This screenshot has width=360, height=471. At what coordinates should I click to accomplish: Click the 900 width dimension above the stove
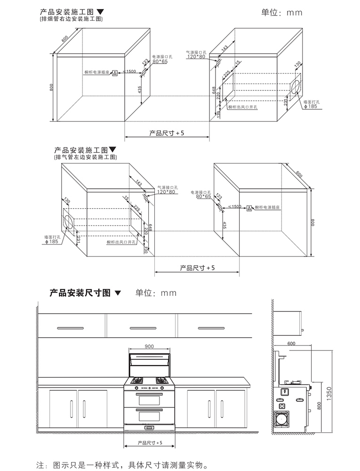click(149, 347)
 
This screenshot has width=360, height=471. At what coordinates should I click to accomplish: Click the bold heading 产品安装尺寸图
click(80, 293)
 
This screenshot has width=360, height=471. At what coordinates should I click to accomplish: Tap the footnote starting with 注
click(122, 465)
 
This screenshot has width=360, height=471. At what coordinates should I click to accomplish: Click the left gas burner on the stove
click(138, 380)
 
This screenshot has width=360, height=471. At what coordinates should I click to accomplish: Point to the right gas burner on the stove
click(160, 380)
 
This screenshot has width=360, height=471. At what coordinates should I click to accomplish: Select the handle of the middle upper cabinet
click(142, 328)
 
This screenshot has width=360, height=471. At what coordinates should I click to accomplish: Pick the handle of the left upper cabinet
click(72, 328)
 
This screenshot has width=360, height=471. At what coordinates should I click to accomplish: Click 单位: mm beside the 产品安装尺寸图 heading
click(156, 293)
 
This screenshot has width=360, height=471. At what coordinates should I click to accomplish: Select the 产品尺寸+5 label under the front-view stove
click(150, 443)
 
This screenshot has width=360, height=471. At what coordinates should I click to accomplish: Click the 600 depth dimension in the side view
click(291, 344)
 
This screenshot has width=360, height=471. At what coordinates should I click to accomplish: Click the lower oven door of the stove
click(149, 415)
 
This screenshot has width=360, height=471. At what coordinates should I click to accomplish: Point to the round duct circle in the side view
click(282, 420)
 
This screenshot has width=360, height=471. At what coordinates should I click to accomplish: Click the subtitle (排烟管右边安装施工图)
click(71, 19)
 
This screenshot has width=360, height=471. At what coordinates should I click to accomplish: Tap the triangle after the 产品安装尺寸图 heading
click(118, 293)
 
